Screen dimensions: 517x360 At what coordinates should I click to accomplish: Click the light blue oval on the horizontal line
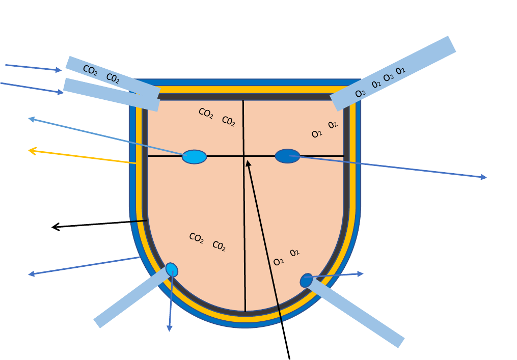194,157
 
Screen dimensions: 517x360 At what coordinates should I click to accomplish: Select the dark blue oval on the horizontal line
287,156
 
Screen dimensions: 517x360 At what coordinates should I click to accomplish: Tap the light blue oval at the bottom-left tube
172,269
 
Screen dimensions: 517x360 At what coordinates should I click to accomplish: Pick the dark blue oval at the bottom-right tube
306,281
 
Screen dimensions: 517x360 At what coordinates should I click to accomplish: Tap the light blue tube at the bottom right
357,314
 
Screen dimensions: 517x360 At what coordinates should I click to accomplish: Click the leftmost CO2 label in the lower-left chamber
196,238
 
